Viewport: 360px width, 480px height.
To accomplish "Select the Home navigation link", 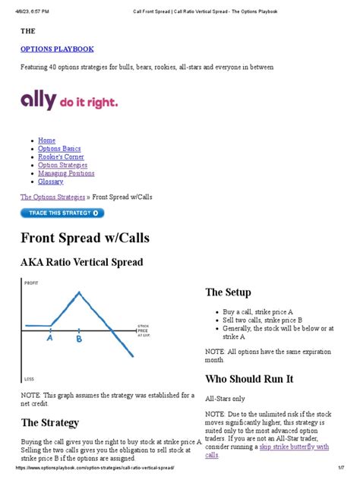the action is (46, 141).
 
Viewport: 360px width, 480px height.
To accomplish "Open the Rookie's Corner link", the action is (62, 157).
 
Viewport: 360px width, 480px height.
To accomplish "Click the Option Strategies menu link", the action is (62, 165).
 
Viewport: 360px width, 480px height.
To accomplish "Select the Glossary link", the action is (51, 182).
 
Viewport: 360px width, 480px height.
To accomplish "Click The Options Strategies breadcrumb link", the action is (52, 197).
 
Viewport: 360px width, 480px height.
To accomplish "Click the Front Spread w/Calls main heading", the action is (85, 238).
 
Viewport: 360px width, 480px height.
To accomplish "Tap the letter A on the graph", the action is (49, 340).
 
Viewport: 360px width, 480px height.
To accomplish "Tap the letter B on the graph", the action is (78, 340).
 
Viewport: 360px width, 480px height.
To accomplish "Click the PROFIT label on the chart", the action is (31, 283).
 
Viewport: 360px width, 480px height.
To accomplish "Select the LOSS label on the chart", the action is (29, 378).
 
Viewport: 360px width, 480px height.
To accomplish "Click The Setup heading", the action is (228, 292).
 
